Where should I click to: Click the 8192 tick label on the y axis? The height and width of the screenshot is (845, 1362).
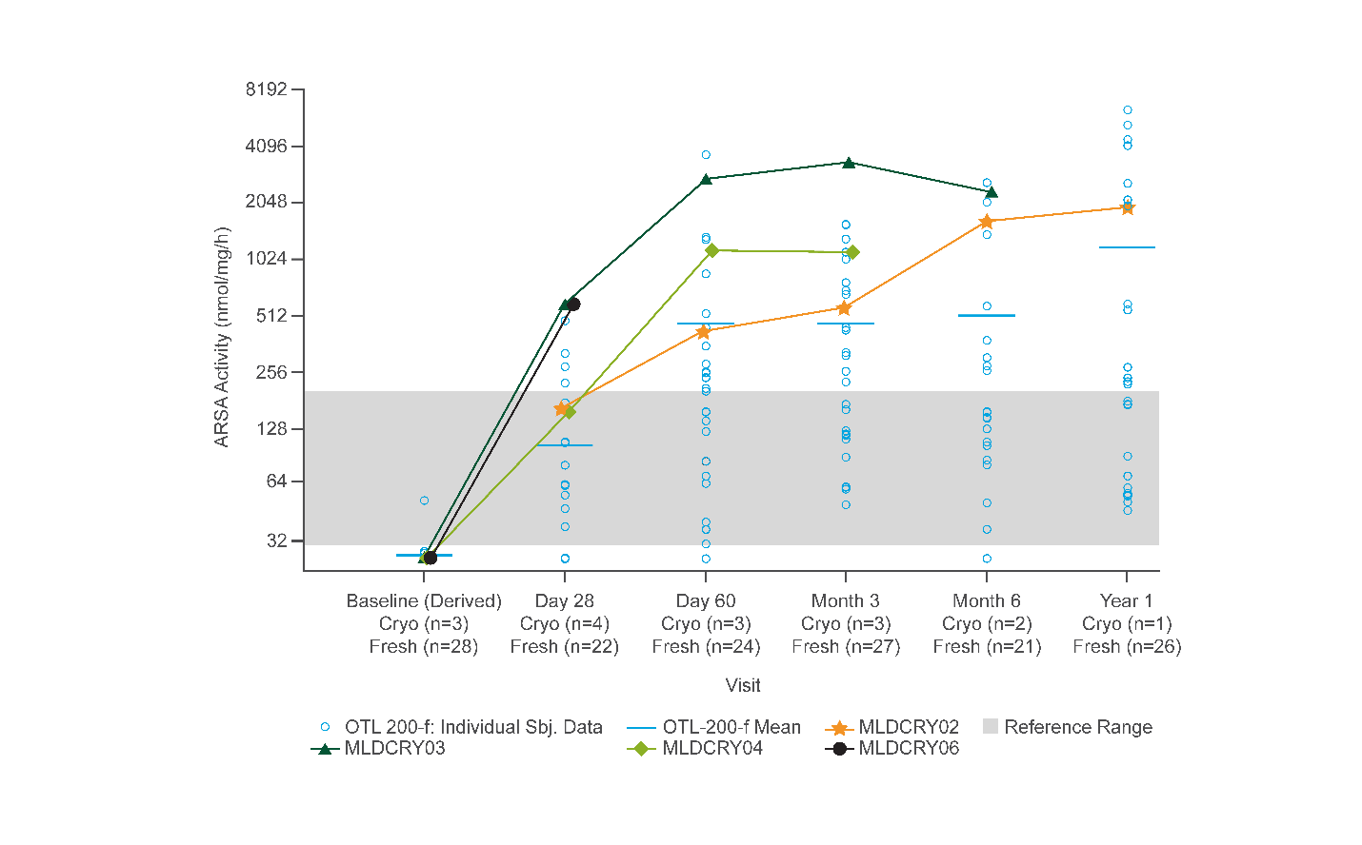266,89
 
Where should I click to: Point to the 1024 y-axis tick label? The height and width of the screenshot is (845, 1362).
266,259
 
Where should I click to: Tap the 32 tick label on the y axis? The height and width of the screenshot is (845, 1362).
276,540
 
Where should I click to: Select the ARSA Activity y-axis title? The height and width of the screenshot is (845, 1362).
222,337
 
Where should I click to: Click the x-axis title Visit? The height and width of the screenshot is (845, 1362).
743,685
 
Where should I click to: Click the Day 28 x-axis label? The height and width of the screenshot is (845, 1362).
564,600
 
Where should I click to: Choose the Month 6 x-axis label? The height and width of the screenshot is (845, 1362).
986,600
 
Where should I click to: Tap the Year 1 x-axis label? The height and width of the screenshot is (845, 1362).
1126,600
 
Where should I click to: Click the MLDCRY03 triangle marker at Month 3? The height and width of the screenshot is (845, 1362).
848,163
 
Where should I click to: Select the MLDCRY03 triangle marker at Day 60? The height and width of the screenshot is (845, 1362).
706,179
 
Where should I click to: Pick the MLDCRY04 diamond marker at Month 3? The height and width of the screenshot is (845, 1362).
852,252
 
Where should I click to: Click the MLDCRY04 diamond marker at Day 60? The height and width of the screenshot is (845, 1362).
711,250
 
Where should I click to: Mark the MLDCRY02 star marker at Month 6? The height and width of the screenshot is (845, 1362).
987,222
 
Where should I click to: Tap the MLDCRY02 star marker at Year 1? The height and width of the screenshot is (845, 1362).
1128,207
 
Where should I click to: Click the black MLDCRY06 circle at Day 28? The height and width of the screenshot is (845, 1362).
573,305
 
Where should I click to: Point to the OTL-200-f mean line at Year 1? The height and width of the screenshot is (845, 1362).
1127,247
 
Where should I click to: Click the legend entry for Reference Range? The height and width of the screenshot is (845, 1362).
1077,727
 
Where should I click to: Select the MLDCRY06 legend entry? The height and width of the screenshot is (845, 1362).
908,748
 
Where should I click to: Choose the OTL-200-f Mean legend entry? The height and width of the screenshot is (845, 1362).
731,727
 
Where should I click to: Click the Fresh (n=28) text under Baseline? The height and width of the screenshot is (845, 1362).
423,646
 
